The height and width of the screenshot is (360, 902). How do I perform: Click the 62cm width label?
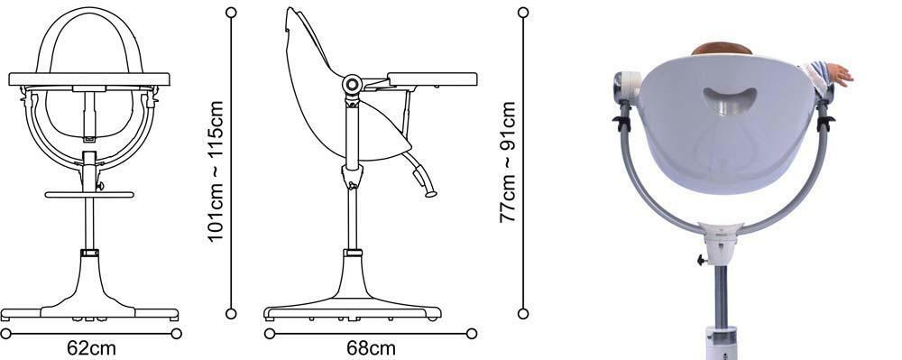pos(91,348)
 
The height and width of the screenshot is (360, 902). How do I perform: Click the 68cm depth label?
pos(371,348)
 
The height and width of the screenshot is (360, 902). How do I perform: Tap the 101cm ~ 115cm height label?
pos(215,172)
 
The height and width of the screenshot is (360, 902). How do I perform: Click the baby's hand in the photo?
pos(839,74)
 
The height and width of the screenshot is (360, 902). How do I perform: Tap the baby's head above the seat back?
pos(722,49)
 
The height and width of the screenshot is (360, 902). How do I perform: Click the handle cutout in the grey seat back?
pos(730,100)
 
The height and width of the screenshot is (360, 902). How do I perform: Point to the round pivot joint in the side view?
pos(352,85)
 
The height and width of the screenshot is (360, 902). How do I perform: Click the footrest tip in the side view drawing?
pos(431,194)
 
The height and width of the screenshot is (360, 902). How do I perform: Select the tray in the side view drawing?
pos(432,79)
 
